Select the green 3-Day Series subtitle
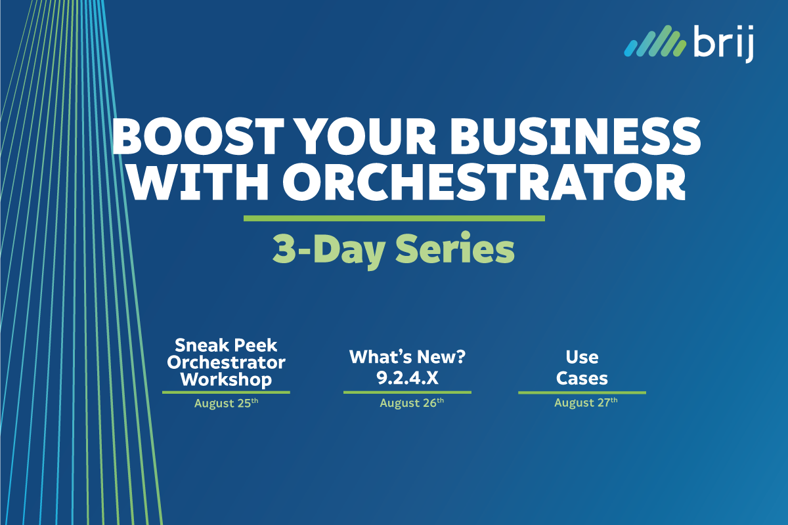pyautogui.click(x=393, y=250)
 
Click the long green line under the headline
pyautogui.click(x=394, y=218)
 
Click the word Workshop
pyautogui.click(x=226, y=379)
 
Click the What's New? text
pyautogui.click(x=406, y=357)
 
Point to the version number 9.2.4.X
pyautogui.click(x=406, y=379)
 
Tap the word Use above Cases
pyautogui.click(x=582, y=357)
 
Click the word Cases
pyautogui.click(x=582, y=379)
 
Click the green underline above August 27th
pyautogui.click(x=582, y=392)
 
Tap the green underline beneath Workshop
pyautogui.click(x=226, y=392)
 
